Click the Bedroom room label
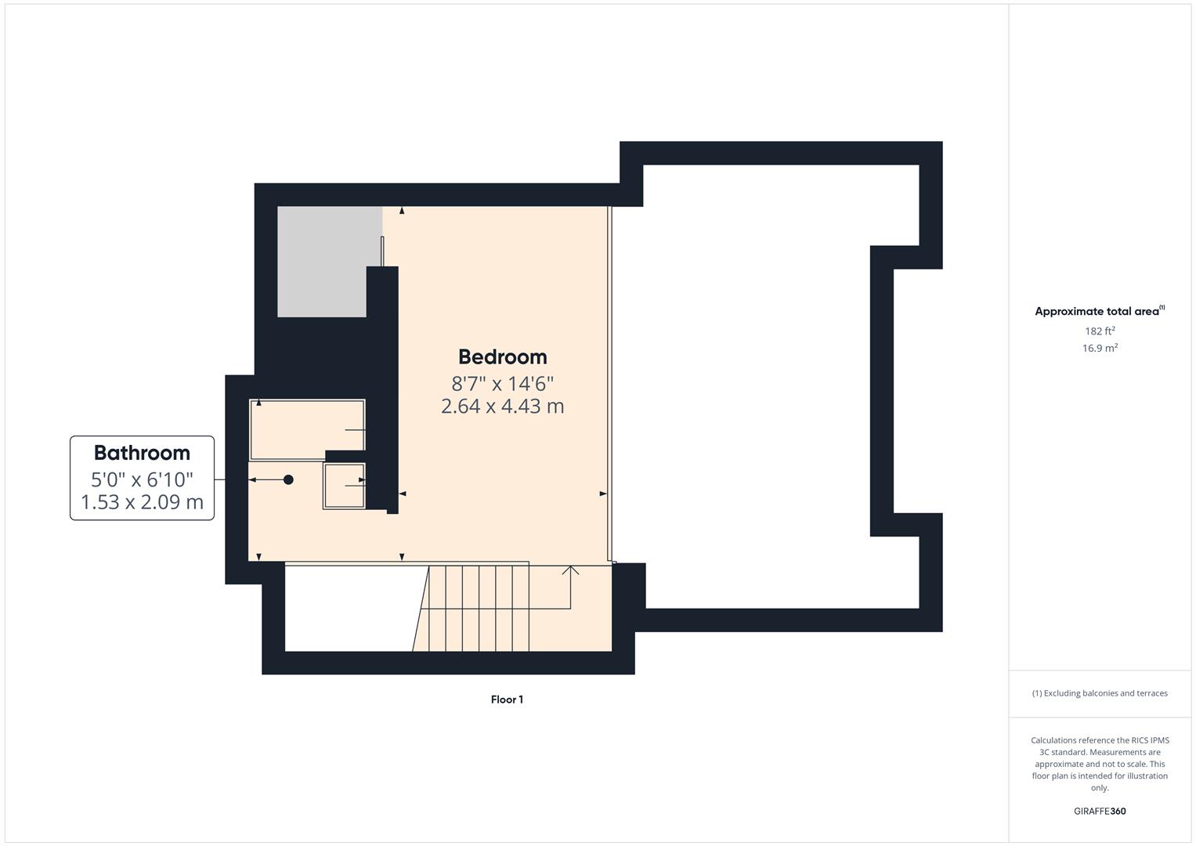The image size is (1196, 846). tap(502, 357)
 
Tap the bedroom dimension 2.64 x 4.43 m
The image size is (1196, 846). tap(502, 407)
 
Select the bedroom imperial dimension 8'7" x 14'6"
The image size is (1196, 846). tap(502, 384)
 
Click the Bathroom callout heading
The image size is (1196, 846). tap(142, 453)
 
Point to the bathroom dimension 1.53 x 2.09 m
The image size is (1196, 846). tap(142, 502)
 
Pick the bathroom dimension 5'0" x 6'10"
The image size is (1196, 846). tap(142, 479)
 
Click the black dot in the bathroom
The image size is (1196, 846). tap(288, 479)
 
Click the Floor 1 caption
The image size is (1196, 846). tap(507, 700)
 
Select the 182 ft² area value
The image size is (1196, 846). tap(1100, 331)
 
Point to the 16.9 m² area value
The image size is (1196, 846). tap(1100, 349)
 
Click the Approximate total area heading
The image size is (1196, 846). tap(1099, 311)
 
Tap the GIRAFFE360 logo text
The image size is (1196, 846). tap(1100, 812)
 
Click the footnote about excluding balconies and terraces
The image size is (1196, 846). tap(1100, 693)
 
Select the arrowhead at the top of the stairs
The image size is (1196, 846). tap(570, 569)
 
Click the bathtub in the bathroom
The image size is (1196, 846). tap(307, 428)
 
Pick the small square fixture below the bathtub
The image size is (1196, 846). tap(344, 486)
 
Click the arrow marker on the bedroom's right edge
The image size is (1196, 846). tap(603, 493)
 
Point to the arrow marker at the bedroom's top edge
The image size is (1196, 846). tap(402, 211)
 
